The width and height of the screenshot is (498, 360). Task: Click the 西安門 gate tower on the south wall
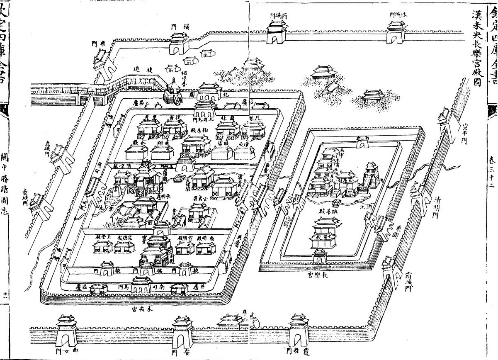coord(66,332)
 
